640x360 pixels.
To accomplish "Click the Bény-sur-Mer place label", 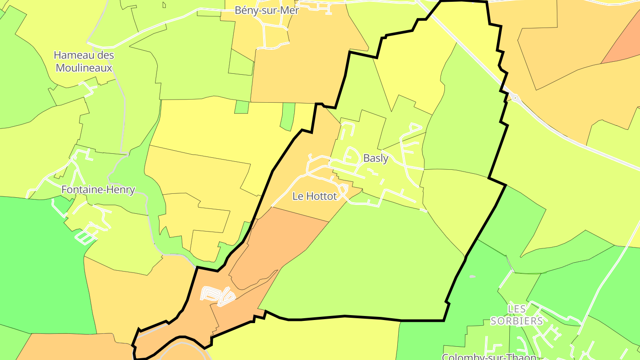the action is coord(267,10).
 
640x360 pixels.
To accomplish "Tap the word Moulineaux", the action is coord(83,68).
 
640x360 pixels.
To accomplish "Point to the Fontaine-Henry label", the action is coord(98,190).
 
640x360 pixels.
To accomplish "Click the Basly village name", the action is coord(376,158).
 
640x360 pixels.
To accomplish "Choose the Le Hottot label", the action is coord(314,196).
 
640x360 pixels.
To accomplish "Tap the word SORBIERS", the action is coord(516,321).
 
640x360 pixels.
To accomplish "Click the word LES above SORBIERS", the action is coord(516,308).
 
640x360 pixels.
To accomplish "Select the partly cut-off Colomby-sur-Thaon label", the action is coord(489,356).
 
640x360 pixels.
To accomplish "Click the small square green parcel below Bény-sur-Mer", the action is coord(241,107).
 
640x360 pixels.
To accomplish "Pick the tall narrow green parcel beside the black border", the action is coord(288,116).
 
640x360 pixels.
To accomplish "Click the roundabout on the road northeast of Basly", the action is coord(515,97).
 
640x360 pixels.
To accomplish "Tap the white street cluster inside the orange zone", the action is coord(218,296).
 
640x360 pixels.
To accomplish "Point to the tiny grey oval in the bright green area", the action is coord(472,276).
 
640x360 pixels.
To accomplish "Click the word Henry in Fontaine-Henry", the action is coord(120,190).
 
